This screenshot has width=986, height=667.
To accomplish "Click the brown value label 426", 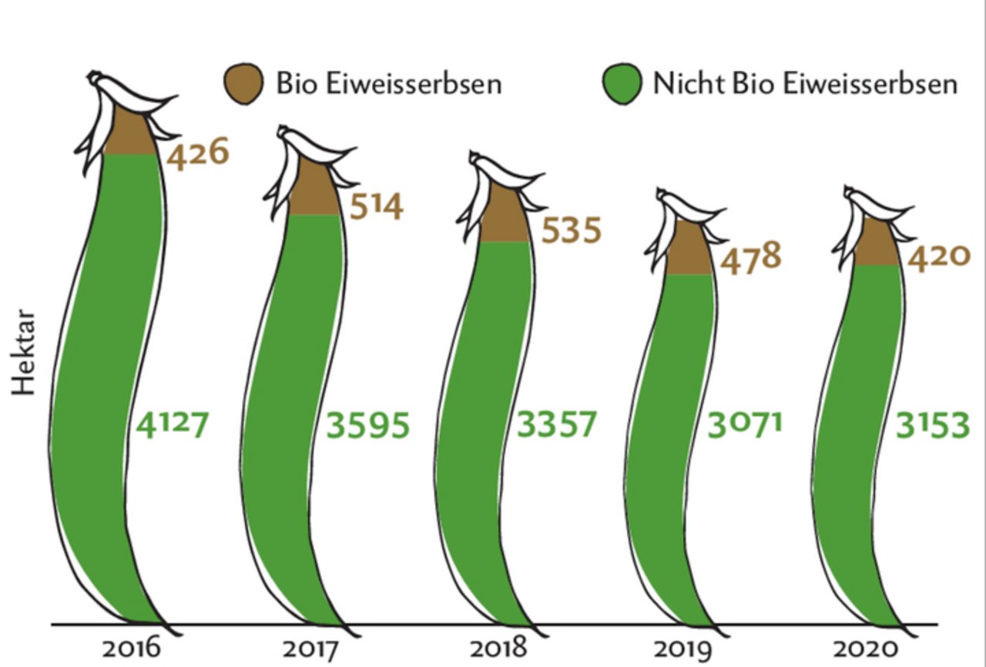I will tap(198, 153).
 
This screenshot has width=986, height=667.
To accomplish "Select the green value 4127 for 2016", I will tap(172, 424).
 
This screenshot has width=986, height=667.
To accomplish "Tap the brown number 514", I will tap(376, 206).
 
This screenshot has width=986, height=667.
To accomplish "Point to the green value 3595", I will tap(367, 425).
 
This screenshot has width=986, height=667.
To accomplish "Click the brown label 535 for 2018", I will tap(571, 230).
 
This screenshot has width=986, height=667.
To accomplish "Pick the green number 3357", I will tap(557, 424).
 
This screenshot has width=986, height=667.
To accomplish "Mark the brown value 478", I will tap(751, 256).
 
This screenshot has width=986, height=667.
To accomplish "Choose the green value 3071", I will tap(745, 424).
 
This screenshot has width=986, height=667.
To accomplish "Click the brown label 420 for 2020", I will tap(937, 256).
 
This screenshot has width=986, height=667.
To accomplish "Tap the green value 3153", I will tap(932, 424).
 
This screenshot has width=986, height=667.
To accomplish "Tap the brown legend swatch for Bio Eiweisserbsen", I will tap(243, 83).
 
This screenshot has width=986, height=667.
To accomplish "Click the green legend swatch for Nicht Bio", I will tap(622, 83).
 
